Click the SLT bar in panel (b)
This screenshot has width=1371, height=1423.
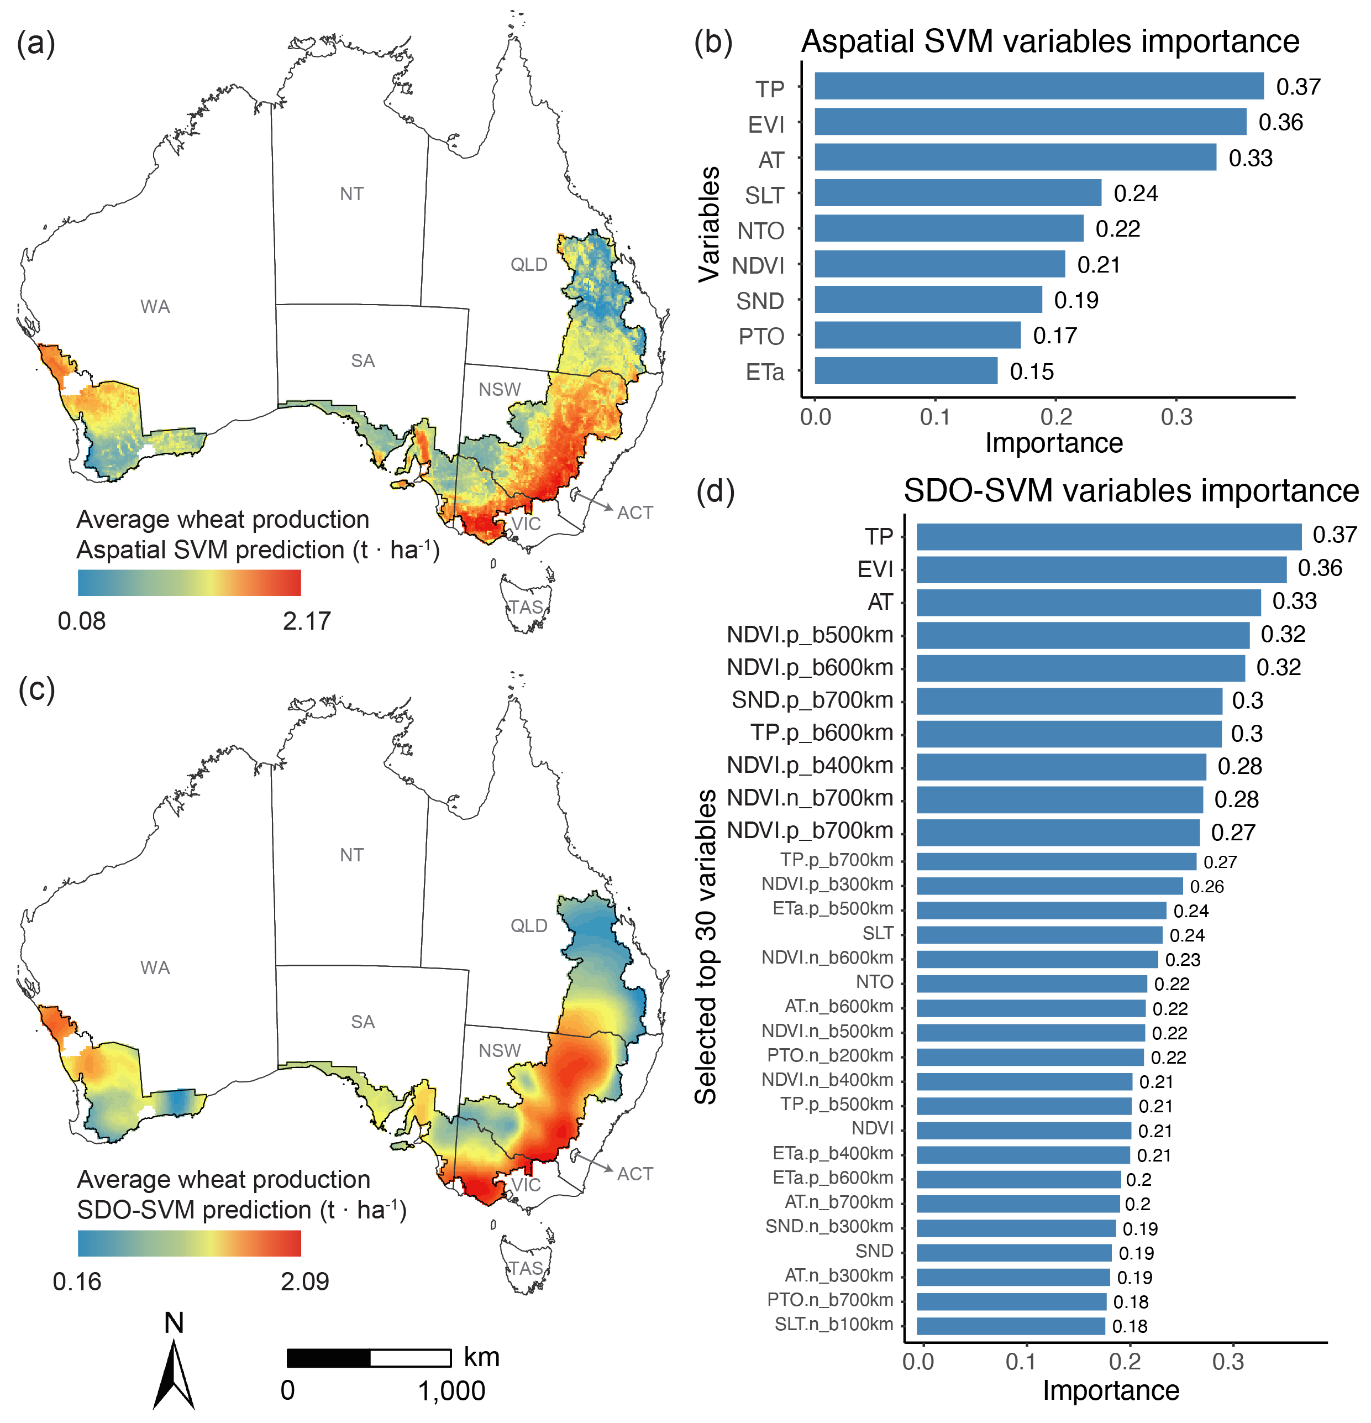[957, 193]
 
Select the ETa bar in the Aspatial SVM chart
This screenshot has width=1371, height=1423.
[905, 371]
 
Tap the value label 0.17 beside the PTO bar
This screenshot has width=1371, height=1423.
[1054, 336]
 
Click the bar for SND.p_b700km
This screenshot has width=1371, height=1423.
[1068, 700]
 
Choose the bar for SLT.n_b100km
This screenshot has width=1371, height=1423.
[1010, 1326]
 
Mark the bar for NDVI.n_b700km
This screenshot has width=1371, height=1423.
[1059, 799]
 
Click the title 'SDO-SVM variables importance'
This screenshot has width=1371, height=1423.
[1130, 491]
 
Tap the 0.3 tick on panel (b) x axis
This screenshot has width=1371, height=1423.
[1176, 417]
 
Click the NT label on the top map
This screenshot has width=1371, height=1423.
[351, 195]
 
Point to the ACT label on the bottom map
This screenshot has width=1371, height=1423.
[634, 1174]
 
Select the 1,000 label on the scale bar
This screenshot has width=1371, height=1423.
[451, 1390]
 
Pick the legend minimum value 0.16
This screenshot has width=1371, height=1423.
[77, 1281]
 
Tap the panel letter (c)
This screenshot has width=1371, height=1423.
[36, 689]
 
